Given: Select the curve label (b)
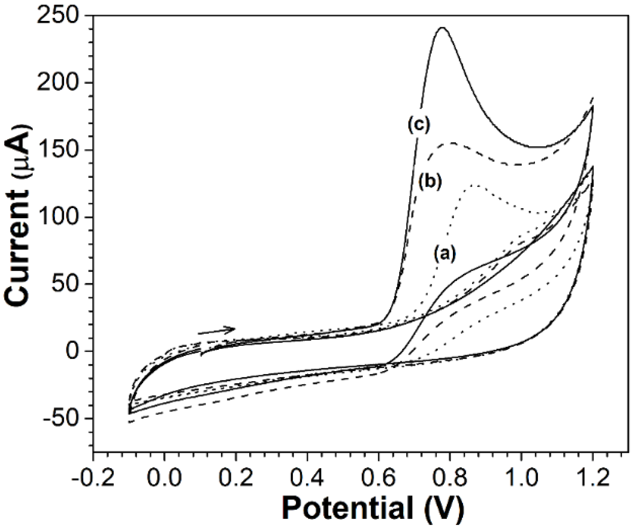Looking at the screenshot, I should click(430, 182).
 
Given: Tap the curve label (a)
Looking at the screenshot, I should click(445, 253).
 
